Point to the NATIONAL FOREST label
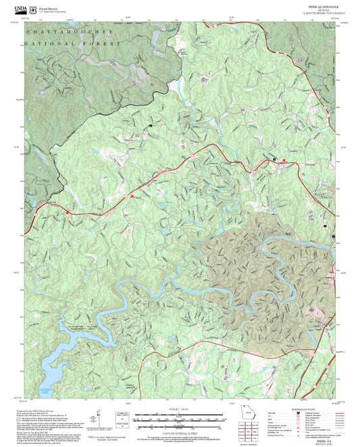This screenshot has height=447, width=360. tap(72, 43)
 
